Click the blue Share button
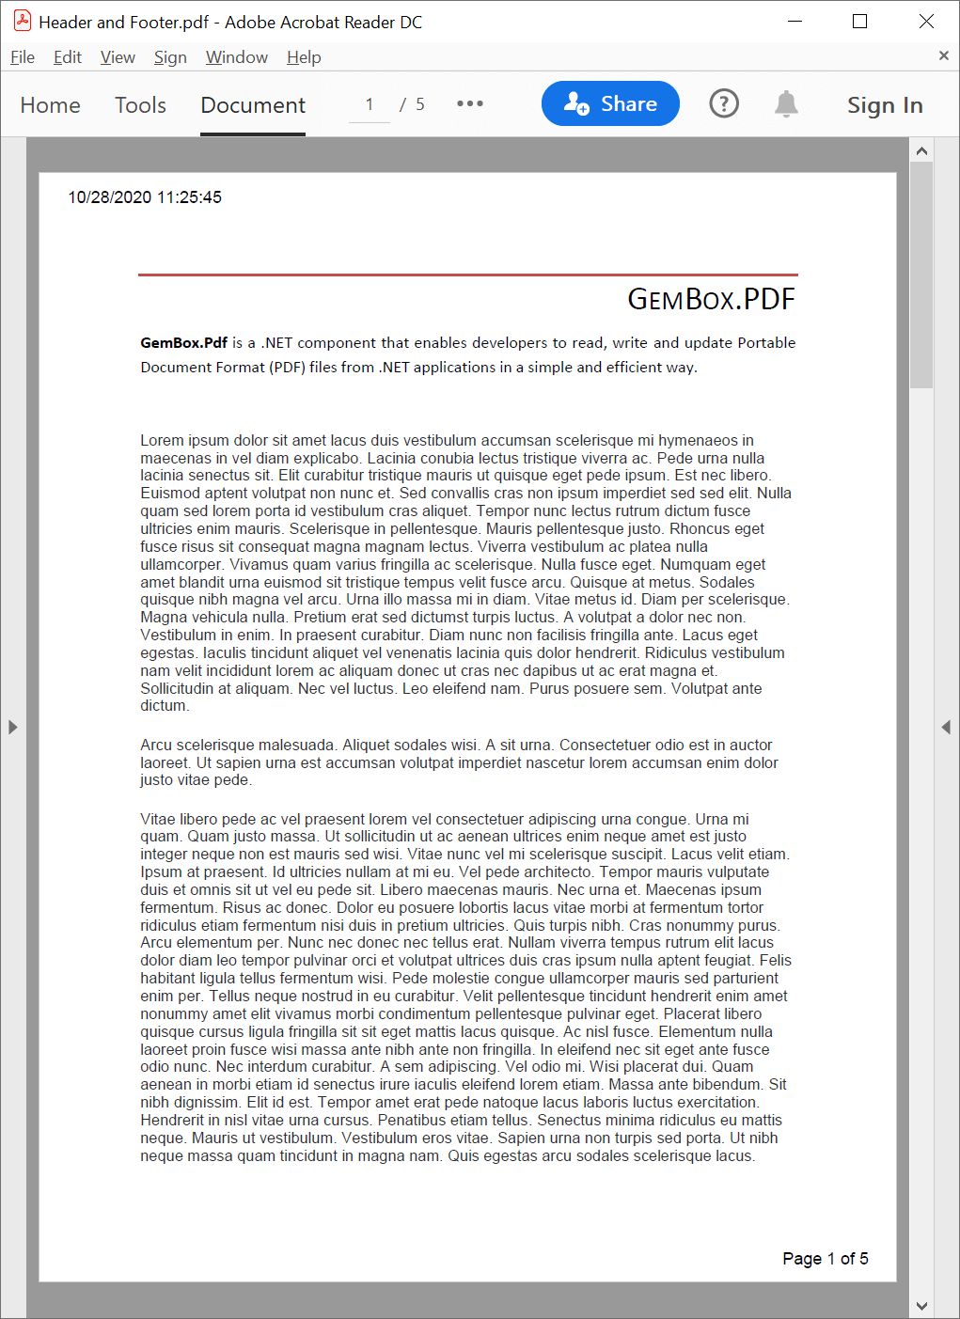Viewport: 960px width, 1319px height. [x=610, y=103]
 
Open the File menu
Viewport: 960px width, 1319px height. [x=23, y=57]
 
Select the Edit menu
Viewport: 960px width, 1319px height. [x=68, y=57]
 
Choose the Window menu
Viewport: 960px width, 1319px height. [x=237, y=57]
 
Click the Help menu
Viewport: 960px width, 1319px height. [x=304, y=57]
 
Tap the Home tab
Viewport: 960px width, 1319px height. [x=51, y=105]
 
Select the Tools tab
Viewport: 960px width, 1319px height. [x=140, y=105]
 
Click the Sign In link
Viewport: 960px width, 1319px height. [x=885, y=105]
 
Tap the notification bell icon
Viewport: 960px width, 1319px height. [x=786, y=103]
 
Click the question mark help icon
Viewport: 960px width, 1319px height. [x=724, y=103]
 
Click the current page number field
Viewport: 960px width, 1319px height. [x=370, y=104]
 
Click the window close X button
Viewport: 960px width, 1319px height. [x=926, y=22]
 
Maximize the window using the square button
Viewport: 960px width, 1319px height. [x=859, y=22]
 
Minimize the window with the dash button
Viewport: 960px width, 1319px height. [x=795, y=22]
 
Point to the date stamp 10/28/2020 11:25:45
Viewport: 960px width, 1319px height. [x=145, y=197]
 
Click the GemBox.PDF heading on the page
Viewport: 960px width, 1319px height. [x=711, y=300]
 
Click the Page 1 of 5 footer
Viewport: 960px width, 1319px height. [x=825, y=1259]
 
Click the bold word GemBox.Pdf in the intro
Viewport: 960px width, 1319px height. [x=184, y=343]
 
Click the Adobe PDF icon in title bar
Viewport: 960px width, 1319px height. [x=23, y=21]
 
